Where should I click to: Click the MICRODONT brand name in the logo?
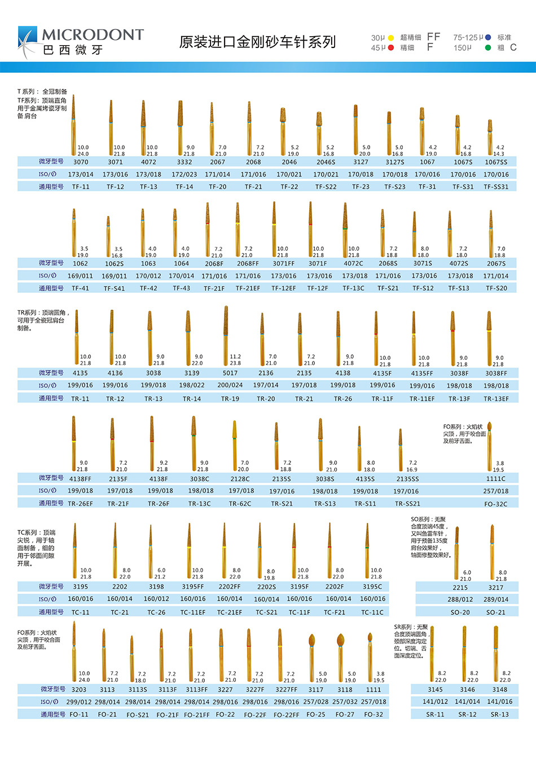click(x=93, y=35)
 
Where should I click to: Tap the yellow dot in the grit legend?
click(x=390, y=38)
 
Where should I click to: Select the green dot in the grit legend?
click(x=487, y=48)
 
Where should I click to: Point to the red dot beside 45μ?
click(x=390, y=48)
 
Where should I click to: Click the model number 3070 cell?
click(x=81, y=162)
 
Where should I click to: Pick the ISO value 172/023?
click(x=184, y=174)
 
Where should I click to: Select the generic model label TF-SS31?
click(x=496, y=187)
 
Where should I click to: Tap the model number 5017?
click(x=230, y=373)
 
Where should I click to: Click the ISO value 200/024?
click(x=230, y=385)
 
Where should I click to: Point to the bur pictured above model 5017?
click(x=226, y=333)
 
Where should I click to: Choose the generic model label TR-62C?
click(x=240, y=504)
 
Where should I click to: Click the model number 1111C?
click(x=496, y=478)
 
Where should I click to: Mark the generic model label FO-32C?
click(x=496, y=504)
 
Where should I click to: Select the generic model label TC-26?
click(x=156, y=612)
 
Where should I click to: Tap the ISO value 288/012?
click(x=460, y=600)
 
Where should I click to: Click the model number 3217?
click(x=496, y=587)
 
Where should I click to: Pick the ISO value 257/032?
click(x=345, y=702)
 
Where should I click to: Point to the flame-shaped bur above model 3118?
click(x=340, y=641)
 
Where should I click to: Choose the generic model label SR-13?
click(x=499, y=714)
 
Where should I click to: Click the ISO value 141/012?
click(x=435, y=702)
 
